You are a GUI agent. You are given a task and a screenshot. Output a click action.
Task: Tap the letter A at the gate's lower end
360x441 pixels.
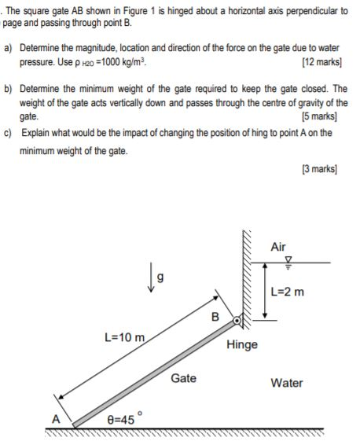pyautogui.click(x=56, y=418)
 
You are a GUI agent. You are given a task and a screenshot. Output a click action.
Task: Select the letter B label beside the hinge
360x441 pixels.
pyautogui.click(x=215, y=317)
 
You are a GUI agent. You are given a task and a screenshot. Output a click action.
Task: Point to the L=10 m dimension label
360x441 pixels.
pyautogui.click(x=125, y=337)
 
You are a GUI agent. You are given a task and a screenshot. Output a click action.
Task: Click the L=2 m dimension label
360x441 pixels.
pyautogui.click(x=286, y=292)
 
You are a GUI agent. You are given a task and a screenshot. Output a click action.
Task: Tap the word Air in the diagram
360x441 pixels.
pyautogui.click(x=277, y=247)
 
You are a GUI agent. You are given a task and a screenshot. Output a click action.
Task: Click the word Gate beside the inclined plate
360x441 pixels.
pyautogui.click(x=183, y=377)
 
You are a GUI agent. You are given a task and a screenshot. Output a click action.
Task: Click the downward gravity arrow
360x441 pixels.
pyautogui.click(x=149, y=277)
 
